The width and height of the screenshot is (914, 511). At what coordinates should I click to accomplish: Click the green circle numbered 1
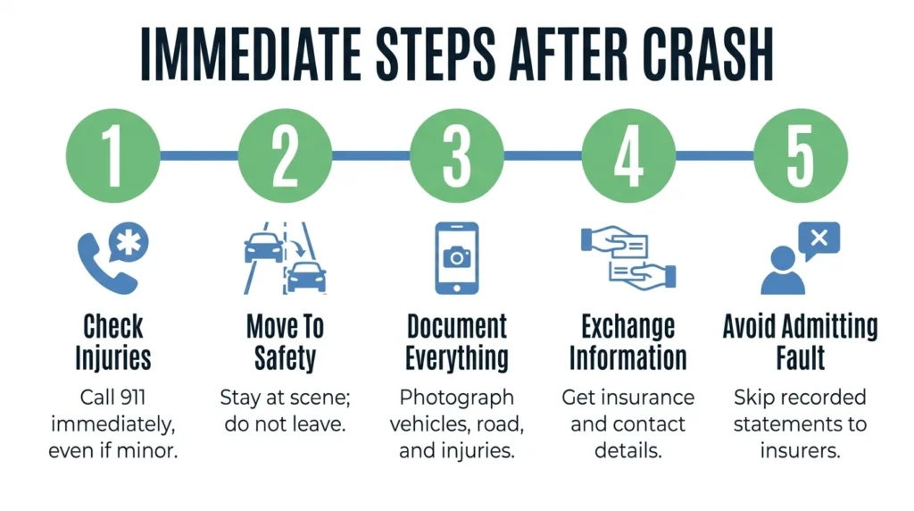coord(113,155)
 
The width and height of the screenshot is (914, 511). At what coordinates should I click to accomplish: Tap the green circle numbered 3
coord(457,155)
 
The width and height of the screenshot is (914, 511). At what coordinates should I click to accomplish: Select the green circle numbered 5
coord(801,155)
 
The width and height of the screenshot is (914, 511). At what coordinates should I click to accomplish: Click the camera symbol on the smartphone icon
coord(457,257)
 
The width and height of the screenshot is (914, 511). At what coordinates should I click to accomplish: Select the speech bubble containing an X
coord(819,239)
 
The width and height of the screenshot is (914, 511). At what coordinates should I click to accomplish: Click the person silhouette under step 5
coord(783,271)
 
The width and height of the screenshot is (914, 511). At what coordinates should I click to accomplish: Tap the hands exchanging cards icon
coord(628,258)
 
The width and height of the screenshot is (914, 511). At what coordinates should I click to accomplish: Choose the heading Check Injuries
coord(113,342)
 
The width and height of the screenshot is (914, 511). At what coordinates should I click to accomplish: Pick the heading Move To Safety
coord(285,342)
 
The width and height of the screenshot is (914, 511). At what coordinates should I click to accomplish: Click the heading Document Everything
coord(457,342)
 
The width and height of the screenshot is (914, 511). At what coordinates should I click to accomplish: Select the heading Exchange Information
coord(628,342)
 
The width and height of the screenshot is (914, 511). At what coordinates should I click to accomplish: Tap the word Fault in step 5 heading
coord(801,357)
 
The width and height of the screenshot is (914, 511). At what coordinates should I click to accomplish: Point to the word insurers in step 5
coord(801,451)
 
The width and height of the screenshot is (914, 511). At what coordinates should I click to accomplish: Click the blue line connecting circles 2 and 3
coord(371,155)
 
